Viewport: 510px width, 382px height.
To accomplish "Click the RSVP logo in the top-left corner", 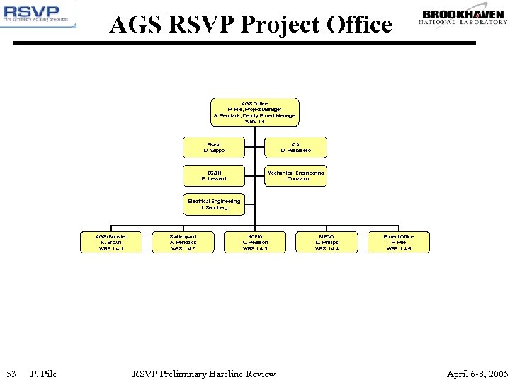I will [38, 15].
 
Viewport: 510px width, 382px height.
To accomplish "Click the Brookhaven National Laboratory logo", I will [463, 18].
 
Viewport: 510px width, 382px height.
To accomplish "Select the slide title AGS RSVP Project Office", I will [251, 25].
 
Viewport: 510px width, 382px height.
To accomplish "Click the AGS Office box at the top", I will [255, 111].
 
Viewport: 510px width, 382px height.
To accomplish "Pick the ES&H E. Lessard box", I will [213, 175].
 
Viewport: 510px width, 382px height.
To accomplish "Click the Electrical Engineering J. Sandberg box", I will [213, 204].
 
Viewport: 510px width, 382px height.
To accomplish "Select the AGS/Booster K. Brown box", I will [112, 242].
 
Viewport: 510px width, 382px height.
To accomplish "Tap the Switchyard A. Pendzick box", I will [183, 242].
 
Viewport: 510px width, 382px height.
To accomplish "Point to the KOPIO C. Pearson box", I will [255, 242].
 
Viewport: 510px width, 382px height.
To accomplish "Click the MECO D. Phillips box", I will [327, 242].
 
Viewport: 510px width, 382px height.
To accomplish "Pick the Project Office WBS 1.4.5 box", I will [397, 242].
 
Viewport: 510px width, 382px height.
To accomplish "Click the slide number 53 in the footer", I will [11, 374].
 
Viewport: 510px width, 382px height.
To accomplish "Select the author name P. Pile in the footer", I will [43, 374].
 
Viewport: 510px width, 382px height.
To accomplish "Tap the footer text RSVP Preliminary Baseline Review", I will [204, 374].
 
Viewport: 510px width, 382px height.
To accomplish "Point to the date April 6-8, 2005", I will [477, 374].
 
